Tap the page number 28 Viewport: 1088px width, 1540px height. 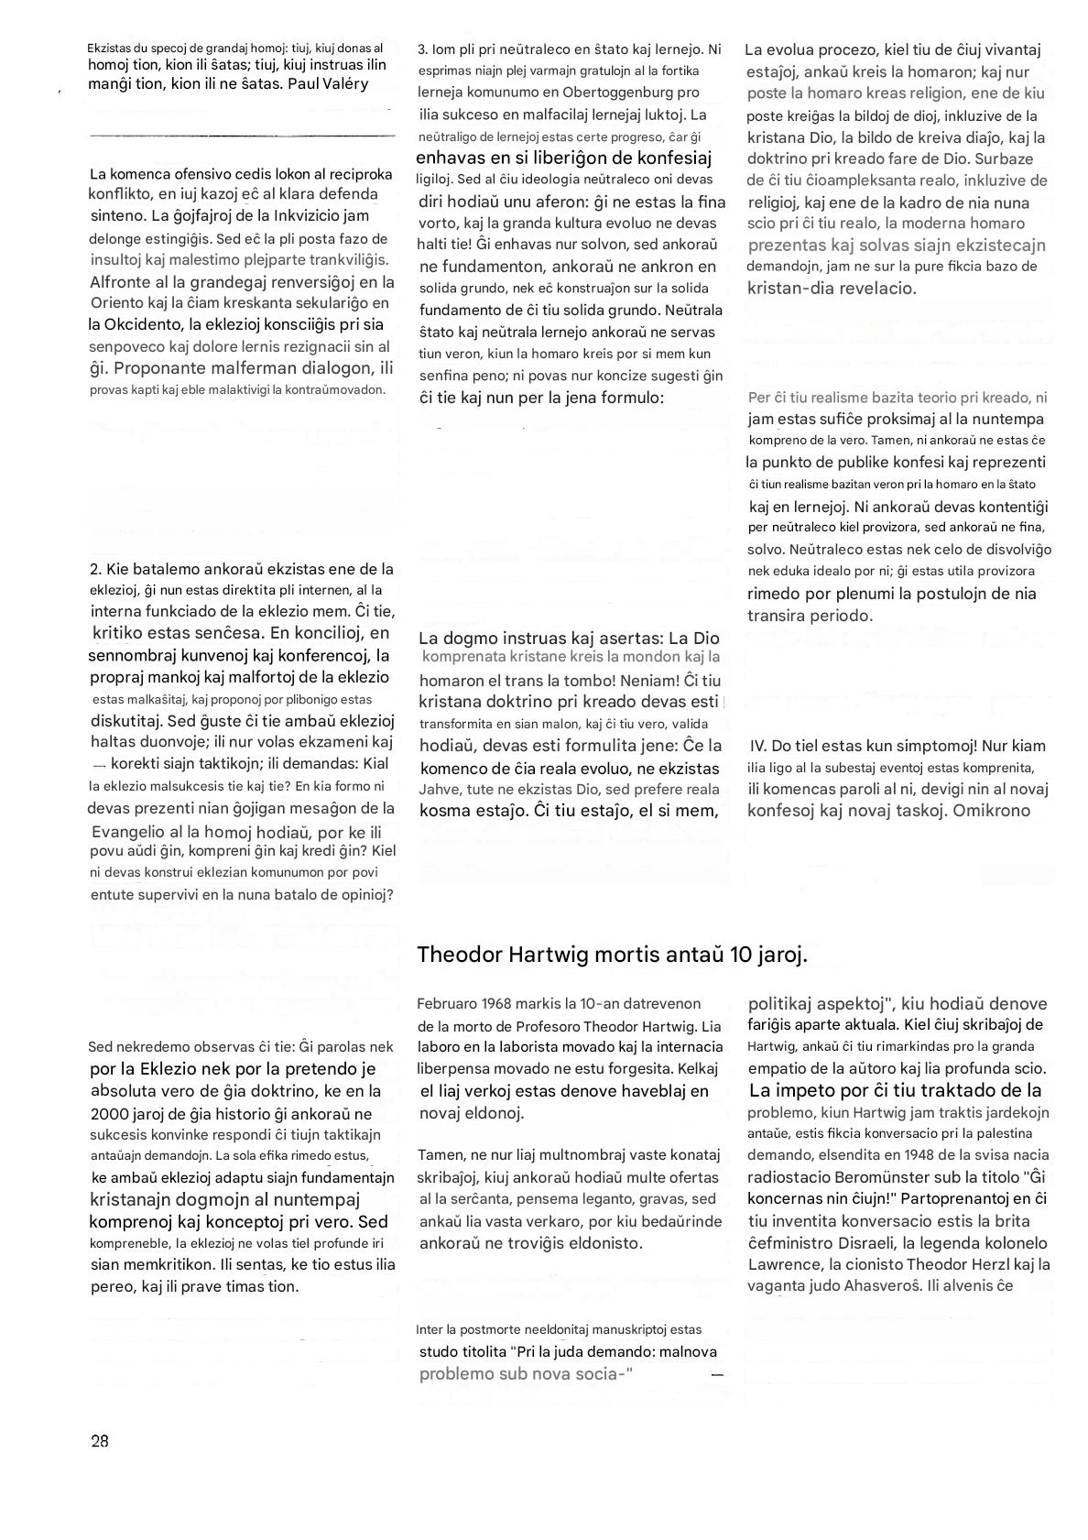click(100, 1441)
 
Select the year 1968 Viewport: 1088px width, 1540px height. click(499, 1004)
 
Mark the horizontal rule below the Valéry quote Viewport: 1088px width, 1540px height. click(243, 136)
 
